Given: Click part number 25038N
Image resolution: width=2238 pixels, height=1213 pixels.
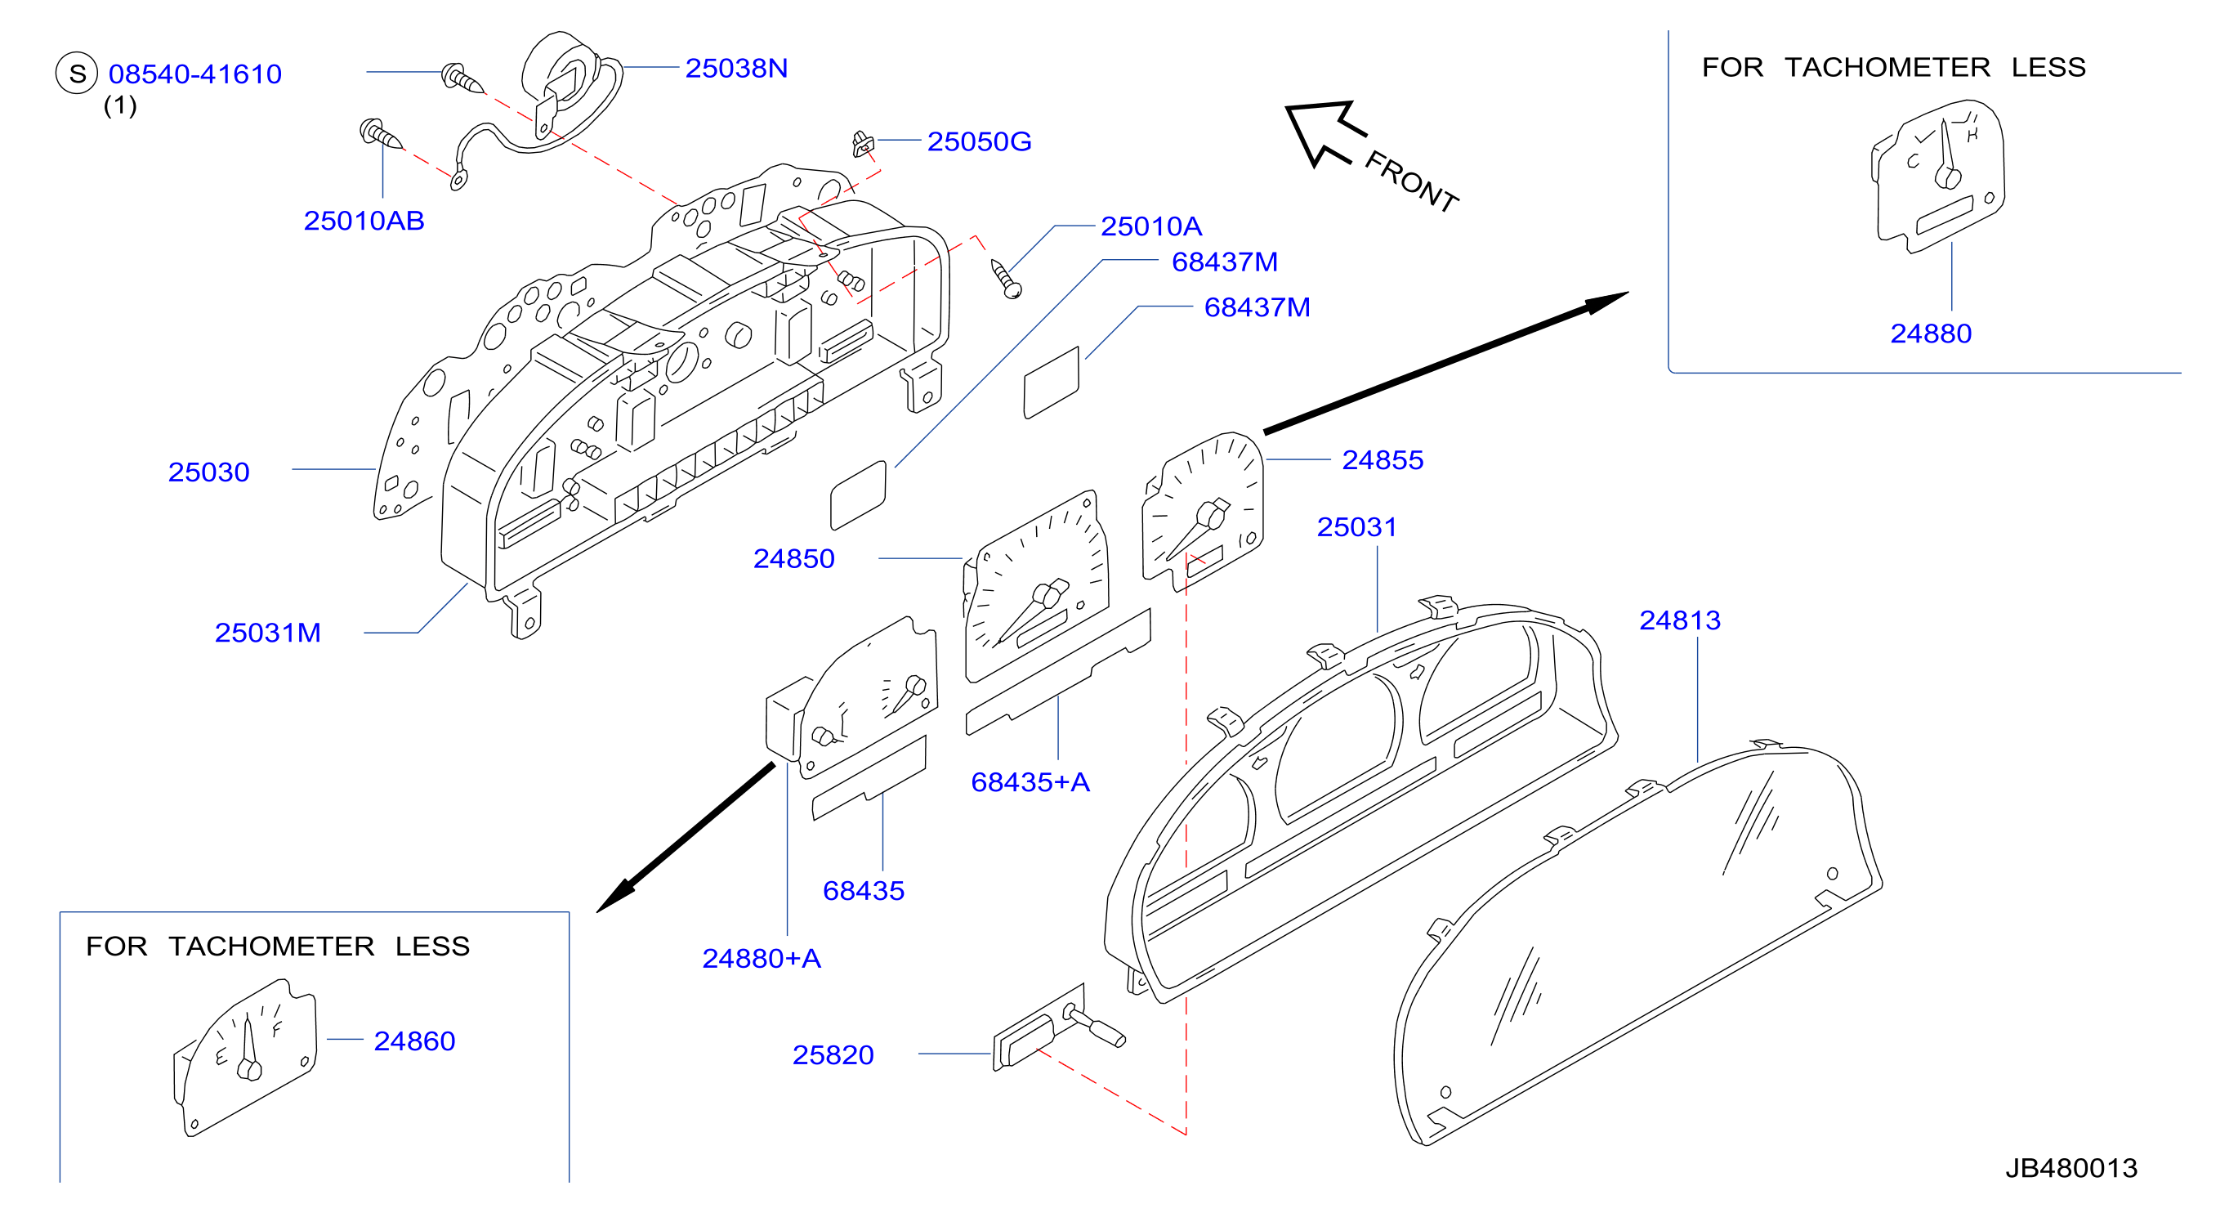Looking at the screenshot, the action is [x=736, y=68].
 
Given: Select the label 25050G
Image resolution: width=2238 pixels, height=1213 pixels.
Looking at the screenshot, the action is [x=979, y=141].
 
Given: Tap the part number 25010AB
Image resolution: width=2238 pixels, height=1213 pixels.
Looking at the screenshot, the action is [x=364, y=221].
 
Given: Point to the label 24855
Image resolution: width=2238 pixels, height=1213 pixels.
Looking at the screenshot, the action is [x=1383, y=459].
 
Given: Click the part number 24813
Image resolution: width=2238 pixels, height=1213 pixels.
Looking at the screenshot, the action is [x=1679, y=620].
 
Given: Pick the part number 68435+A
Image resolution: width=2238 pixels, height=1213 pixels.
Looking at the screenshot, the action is [x=1030, y=782].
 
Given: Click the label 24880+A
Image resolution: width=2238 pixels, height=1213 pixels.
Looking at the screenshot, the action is [x=761, y=959].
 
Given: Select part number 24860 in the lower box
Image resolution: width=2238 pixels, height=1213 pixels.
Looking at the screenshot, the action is [x=414, y=1041].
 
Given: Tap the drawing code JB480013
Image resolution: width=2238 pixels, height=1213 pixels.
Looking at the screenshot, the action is [x=2071, y=1168].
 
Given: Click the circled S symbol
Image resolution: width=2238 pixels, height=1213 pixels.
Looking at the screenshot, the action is [x=78, y=73].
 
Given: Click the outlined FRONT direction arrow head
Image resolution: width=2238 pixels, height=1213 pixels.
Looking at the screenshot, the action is [x=1319, y=133].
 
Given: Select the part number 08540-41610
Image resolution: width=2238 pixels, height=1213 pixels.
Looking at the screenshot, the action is [x=195, y=74].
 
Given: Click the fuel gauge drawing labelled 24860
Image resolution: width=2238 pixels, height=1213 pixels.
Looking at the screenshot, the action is [x=247, y=1057].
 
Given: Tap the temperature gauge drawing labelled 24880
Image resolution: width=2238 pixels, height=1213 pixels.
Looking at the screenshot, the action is [x=1938, y=177].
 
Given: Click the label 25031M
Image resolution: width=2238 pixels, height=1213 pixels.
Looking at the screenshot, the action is [x=267, y=633].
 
